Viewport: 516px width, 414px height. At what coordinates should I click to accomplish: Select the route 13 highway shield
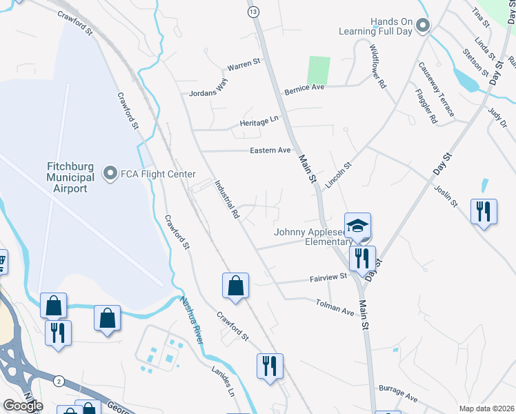(x=254, y=12)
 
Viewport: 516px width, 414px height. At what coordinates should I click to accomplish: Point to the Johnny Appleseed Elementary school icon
(x=358, y=226)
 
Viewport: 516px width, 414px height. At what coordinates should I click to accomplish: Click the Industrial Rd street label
(x=226, y=200)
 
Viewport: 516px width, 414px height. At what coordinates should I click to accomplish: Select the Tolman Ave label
(x=335, y=307)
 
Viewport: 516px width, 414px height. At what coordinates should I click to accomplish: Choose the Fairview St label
(x=328, y=277)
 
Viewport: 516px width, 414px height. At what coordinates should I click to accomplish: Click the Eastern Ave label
(x=273, y=150)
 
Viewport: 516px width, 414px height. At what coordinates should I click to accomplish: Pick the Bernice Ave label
(x=304, y=89)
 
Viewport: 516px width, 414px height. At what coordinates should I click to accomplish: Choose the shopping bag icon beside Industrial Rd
(x=235, y=286)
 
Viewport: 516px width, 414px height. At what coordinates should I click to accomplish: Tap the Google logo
(x=23, y=406)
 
